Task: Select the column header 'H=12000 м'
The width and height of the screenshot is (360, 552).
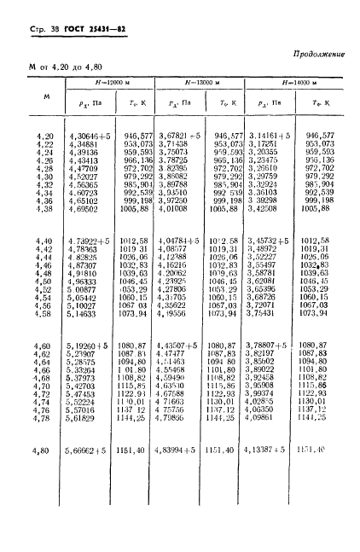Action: (114, 83)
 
